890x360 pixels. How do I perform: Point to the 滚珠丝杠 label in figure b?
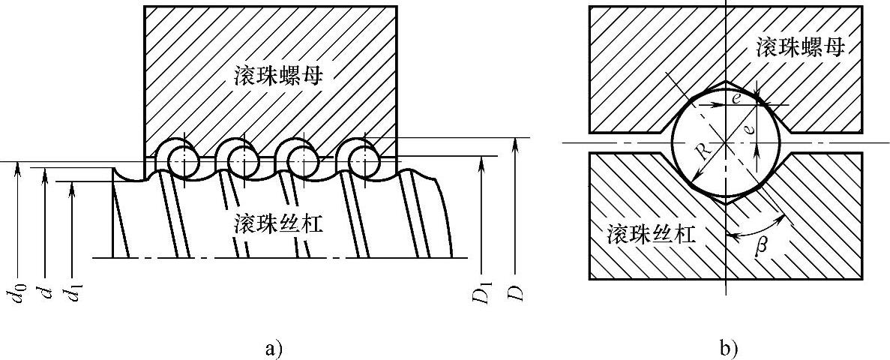tap(650, 235)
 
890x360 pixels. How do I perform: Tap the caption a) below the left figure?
tap(273, 348)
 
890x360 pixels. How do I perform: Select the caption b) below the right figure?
tap(728, 348)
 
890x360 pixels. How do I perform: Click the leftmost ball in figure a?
tap(182, 159)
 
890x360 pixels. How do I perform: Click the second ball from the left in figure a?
tap(243, 159)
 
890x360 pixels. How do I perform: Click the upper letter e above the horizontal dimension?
tap(739, 98)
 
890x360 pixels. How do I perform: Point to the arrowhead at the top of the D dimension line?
tap(514, 143)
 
